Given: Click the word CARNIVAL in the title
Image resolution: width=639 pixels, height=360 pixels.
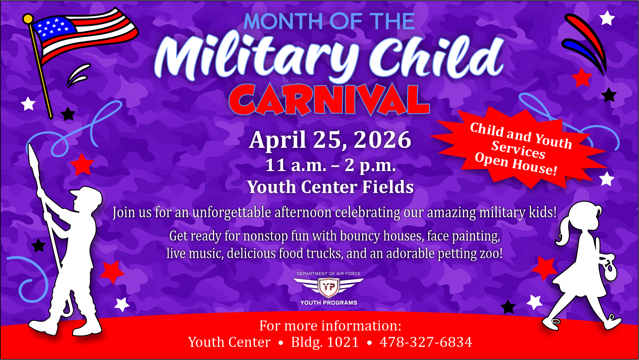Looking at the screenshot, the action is (x=329, y=100).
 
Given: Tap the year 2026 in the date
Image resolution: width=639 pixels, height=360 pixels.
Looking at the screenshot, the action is (x=382, y=139).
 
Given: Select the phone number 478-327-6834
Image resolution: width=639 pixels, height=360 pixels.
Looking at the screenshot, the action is (x=426, y=342).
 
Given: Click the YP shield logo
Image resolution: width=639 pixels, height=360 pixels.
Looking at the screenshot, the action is (x=329, y=287).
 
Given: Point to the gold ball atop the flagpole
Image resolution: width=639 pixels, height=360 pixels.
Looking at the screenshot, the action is (x=28, y=19).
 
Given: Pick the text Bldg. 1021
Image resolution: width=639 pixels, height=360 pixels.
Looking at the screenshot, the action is (x=325, y=342).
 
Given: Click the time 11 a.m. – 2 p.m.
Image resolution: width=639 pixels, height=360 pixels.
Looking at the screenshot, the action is (x=331, y=165).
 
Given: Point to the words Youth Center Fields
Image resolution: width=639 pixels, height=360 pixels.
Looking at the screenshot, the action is (x=331, y=187).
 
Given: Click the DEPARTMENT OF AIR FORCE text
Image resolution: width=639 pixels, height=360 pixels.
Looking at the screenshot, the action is (x=329, y=274).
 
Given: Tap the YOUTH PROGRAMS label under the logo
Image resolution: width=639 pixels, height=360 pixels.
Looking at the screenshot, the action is (x=329, y=303).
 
